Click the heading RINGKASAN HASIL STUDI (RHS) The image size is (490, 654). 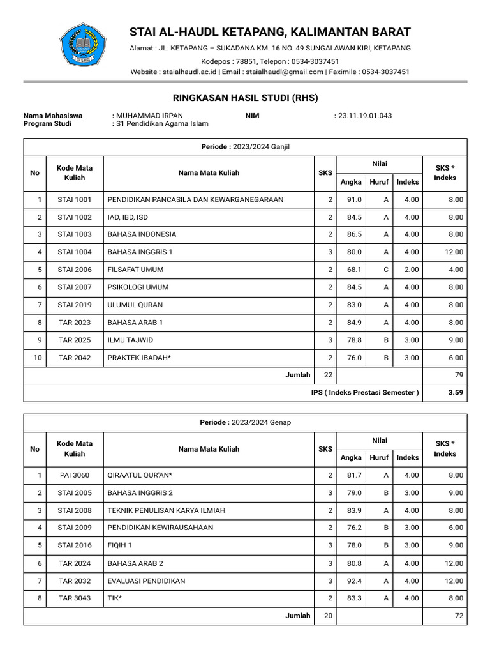(245, 98)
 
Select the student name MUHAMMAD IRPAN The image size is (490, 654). (149, 116)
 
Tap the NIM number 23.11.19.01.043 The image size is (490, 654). (365, 116)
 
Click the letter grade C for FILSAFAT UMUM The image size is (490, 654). (386, 270)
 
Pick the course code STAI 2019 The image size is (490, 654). (75, 305)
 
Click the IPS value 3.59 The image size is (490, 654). (455, 392)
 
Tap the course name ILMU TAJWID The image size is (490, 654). (130, 340)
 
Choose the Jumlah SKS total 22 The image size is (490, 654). (328, 375)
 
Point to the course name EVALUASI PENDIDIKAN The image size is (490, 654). (146, 581)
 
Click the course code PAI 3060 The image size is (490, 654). (75, 475)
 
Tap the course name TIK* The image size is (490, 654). (115, 598)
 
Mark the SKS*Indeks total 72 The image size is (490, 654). (459, 616)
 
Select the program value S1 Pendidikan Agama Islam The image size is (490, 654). (162, 124)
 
